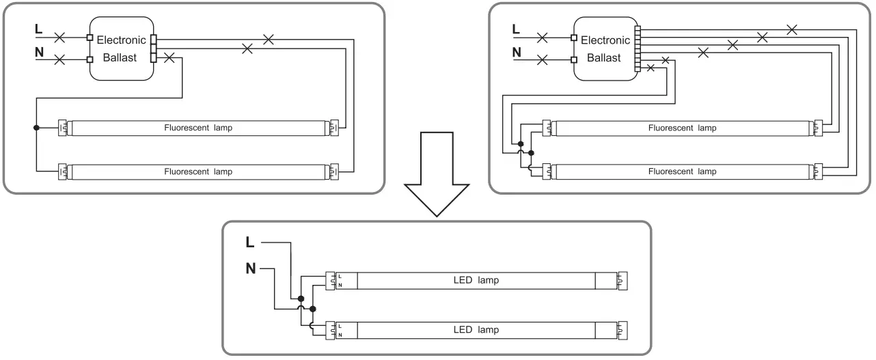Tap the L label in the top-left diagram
(x=38, y=30)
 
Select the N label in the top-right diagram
(x=517, y=52)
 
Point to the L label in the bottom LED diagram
(x=251, y=242)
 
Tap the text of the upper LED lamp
(x=476, y=280)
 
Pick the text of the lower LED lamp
(x=476, y=329)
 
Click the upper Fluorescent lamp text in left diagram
(x=198, y=128)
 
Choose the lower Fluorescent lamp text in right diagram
(x=683, y=171)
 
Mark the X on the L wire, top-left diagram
(x=59, y=37)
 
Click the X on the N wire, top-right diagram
(x=543, y=59)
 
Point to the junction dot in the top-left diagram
(x=36, y=128)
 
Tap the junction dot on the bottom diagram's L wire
(x=299, y=299)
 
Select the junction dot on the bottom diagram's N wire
(x=312, y=309)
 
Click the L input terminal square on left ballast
(x=90, y=37)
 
